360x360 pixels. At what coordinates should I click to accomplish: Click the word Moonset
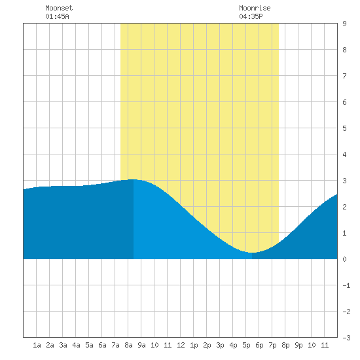tap(59, 8)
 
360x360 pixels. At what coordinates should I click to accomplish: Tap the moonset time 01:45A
tap(57, 16)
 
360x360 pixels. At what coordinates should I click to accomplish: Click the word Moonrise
tap(255, 8)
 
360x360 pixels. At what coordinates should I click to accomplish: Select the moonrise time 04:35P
tap(251, 16)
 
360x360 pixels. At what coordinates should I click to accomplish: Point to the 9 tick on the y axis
tap(344, 24)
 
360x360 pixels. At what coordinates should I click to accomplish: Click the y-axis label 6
tap(344, 102)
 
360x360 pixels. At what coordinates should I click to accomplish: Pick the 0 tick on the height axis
tap(344, 259)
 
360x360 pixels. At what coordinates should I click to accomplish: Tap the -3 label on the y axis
tap(346, 338)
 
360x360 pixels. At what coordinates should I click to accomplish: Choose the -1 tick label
tap(346, 285)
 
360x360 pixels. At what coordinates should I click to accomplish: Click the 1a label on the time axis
tap(37, 345)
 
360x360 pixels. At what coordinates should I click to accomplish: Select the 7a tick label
tap(115, 345)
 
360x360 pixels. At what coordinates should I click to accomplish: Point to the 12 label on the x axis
tap(181, 345)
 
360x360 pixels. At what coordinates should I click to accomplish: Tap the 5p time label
tap(246, 345)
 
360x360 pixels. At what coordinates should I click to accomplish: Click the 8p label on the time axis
tap(285, 345)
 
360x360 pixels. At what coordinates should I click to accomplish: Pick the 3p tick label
tap(220, 345)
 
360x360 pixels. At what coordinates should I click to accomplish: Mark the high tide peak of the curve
tap(134, 179)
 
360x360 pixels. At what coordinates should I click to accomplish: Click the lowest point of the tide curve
tap(252, 253)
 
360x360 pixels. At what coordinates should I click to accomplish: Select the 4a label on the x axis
tap(76, 345)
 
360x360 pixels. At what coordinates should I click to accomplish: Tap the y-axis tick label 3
tap(344, 181)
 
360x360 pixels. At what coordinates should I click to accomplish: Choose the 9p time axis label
tap(298, 345)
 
